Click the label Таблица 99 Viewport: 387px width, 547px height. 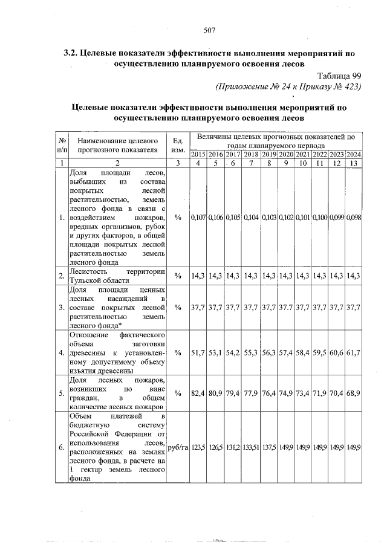pyautogui.click(x=339, y=76)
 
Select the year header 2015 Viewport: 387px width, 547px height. pyautogui.click(x=198, y=155)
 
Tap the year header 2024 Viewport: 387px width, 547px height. pyautogui.click(x=354, y=155)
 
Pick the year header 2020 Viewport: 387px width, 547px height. pyautogui.click(x=285, y=155)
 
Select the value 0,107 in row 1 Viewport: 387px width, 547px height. pyautogui.click(x=198, y=218)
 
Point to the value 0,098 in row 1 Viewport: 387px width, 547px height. pyautogui.click(x=354, y=218)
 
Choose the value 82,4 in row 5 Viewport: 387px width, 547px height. pyautogui.click(x=198, y=393)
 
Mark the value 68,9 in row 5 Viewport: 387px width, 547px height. pyautogui.click(x=354, y=393)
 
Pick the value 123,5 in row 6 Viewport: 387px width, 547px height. pyautogui.click(x=198, y=448)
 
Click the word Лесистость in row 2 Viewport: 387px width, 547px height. pyautogui.click(x=90, y=272)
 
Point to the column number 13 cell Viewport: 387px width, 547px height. pyautogui.click(x=354, y=163)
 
